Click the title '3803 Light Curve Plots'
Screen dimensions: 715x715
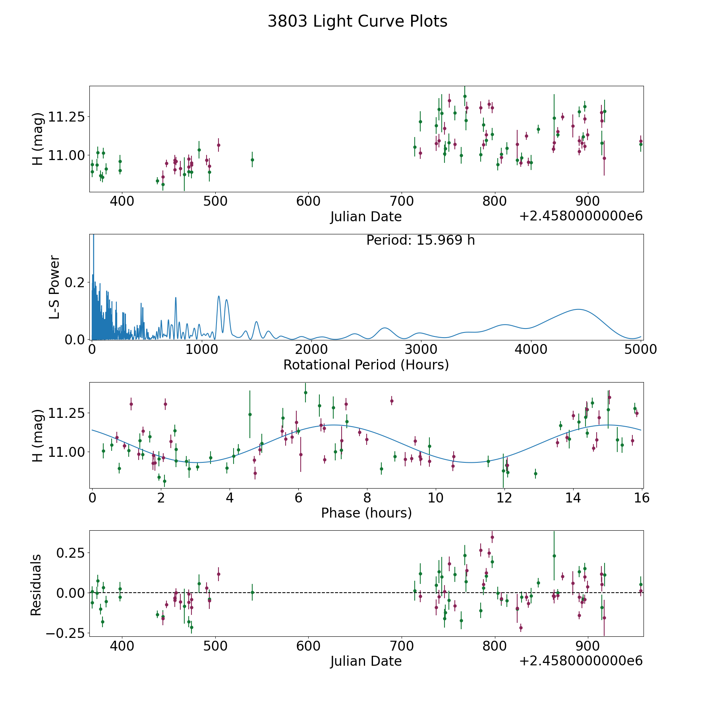357,21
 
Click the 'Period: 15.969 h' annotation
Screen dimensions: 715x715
420,240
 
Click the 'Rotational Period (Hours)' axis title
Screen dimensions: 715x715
366,365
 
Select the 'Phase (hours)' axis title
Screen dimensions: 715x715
366,513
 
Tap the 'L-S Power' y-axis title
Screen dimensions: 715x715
54,287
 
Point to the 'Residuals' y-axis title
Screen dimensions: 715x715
36,585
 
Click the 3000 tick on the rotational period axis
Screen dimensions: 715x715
421,349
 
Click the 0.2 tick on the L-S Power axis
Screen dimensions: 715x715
75,282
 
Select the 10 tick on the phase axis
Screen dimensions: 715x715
436,497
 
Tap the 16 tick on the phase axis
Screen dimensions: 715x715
642,497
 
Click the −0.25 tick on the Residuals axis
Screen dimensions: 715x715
66,633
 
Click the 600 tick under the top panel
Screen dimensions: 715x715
308,201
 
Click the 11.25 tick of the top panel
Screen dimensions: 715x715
66,117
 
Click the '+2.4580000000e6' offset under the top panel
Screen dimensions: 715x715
581,216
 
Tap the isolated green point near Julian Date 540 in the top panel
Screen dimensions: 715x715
252,160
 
